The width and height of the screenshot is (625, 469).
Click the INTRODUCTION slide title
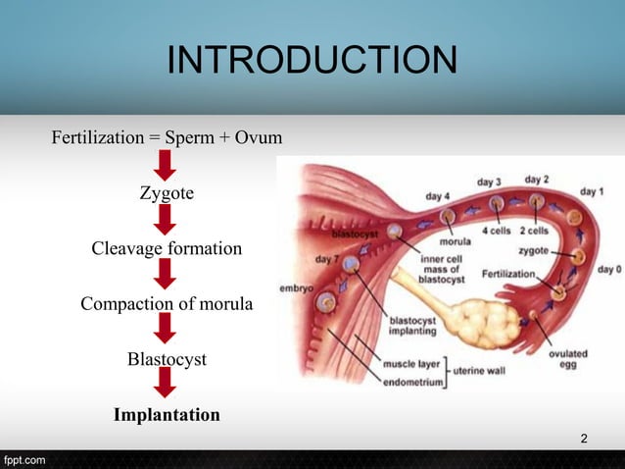[312, 60]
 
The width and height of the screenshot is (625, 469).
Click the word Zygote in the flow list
[167, 193]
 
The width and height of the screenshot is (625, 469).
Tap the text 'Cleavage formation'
[167, 248]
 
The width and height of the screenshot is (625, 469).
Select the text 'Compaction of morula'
[167, 304]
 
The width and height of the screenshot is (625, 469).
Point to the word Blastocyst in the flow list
[167, 359]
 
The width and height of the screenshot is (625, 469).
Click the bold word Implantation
[167, 415]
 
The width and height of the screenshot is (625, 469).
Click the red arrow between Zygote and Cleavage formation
[167, 221]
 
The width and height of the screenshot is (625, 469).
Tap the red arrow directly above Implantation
[167, 387]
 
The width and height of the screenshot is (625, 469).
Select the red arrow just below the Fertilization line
[167, 166]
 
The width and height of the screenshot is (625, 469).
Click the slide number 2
[584, 438]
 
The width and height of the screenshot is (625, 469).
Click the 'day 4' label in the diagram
[438, 196]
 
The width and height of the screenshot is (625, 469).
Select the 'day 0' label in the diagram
[609, 268]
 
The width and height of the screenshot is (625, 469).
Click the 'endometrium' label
[414, 381]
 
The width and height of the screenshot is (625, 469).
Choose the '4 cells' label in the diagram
[498, 232]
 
